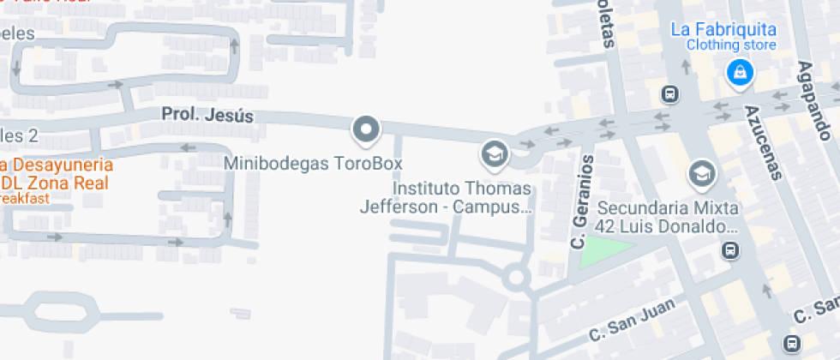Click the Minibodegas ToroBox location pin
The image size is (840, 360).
coord(366,130)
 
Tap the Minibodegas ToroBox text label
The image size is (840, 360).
coord(313,163)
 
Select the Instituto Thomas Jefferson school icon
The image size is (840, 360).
coord(495,154)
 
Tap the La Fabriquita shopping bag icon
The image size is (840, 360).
coord(739,74)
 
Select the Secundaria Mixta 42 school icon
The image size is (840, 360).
coord(702,174)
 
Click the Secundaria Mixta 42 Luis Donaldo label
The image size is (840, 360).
coord(668,218)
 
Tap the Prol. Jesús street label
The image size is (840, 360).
coord(207,115)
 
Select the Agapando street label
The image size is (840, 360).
coord(814,100)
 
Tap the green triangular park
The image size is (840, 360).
coord(604,251)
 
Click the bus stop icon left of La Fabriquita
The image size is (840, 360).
coord(670,93)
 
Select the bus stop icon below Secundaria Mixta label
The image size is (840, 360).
coord(730,250)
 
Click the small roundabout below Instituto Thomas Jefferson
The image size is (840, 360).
coord(516,277)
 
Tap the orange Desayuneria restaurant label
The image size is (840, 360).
coord(57,164)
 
